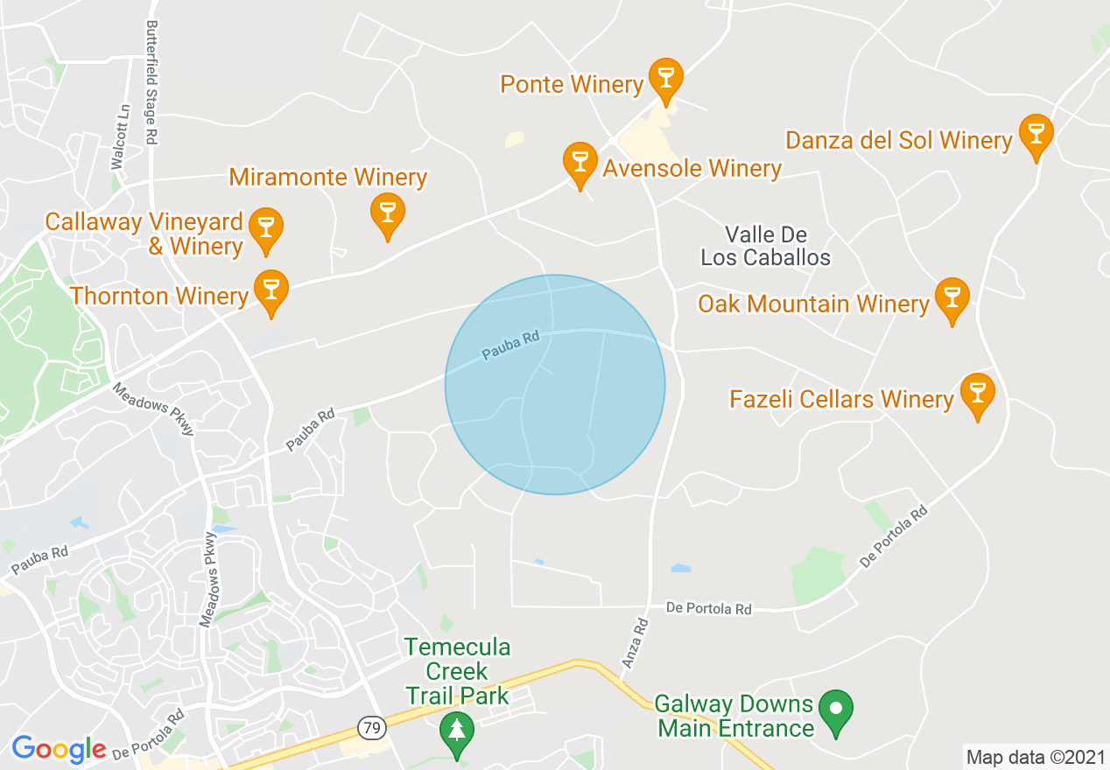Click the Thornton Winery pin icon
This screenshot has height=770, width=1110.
[271, 290]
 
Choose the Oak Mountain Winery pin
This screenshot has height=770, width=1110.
[952, 297]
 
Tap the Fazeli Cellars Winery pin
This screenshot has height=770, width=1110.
[977, 393]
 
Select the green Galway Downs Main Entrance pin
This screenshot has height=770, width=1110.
[837, 710]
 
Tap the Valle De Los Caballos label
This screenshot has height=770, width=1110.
[765, 246]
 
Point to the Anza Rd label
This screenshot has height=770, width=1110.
[635, 643]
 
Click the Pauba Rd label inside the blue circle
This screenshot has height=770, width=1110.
[511, 345]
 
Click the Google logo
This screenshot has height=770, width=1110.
[59, 749]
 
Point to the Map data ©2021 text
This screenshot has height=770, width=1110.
[1036, 756]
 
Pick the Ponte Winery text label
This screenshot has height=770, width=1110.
[572, 84]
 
